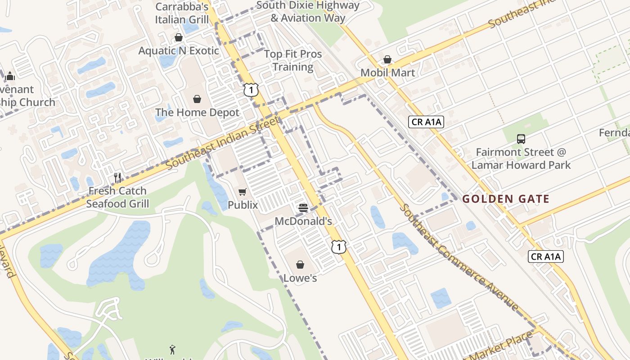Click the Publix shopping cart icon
[x=243, y=192]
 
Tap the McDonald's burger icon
[x=303, y=208]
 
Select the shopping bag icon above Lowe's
[x=300, y=265]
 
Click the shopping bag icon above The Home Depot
[x=197, y=99]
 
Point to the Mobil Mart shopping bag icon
[x=387, y=59]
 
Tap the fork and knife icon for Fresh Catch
[x=117, y=178]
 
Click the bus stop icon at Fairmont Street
[x=521, y=139]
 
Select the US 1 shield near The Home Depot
[x=251, y=90]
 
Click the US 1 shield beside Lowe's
[x=339, y=247]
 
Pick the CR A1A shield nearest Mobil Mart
[x=426, y=121]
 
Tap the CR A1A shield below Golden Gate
[x=545, y=256]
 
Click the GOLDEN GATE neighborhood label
[x=506, y=199]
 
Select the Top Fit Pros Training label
[x=293, y=60]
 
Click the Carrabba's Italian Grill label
[x=182, y=13]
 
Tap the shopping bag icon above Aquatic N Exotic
[x=179, y=37]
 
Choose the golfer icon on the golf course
[x=172, y=349]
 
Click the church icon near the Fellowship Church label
[x=10, y=76]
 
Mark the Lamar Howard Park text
[x=521, y=165]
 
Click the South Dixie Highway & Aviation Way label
[x=308, y=12]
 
